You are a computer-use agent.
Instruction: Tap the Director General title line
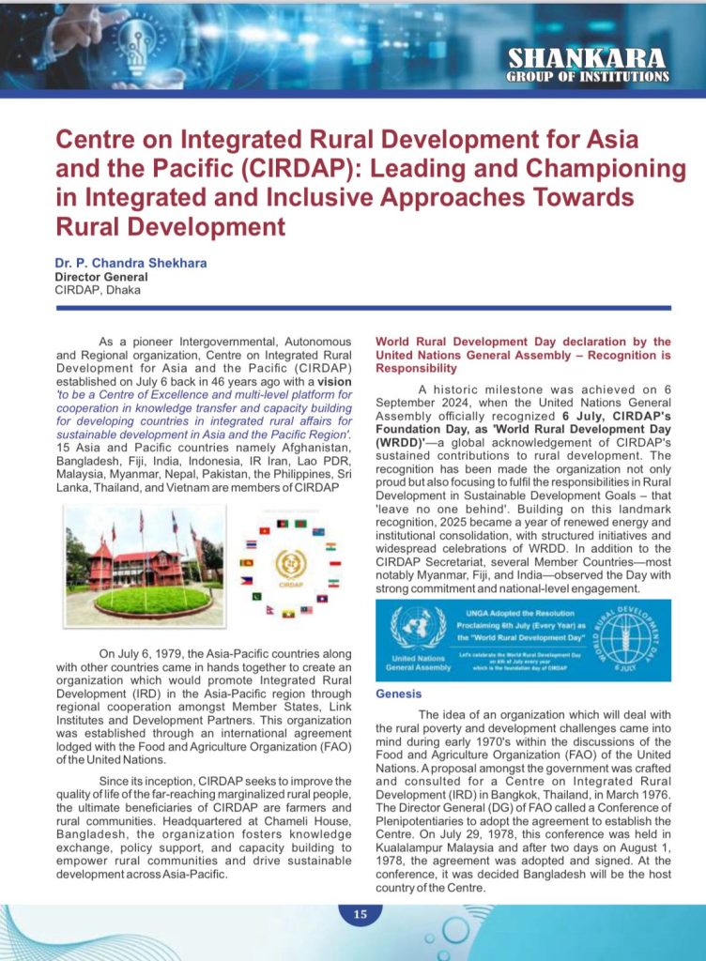tap(100, 277)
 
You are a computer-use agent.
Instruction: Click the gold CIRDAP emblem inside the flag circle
tap(289, 565)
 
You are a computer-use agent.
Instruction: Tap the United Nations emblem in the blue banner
tap(418, 629)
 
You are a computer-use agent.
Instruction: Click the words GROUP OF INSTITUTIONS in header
tap(588, 76)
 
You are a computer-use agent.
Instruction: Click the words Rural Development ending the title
tap(170, 227)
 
